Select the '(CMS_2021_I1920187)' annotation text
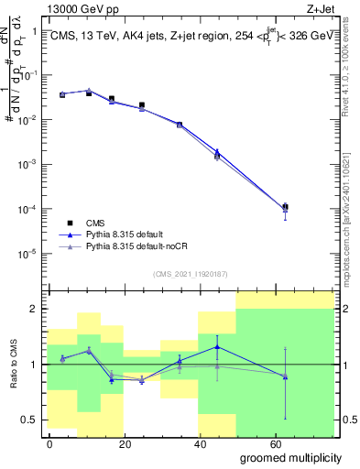190,273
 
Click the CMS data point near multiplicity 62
286,207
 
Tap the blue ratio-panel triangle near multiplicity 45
216,347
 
